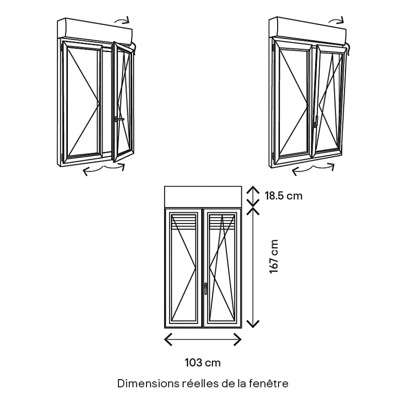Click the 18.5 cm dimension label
coord(283,195)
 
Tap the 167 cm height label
coord(274,257)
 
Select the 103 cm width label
coord(202,362)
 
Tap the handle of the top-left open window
coord(118,119)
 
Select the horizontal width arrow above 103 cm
coord(202,339)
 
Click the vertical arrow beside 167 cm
coord(253,267)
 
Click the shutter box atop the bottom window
coord(202,196)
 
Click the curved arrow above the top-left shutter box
coord(122,20)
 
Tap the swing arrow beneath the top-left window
coord(104,169)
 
